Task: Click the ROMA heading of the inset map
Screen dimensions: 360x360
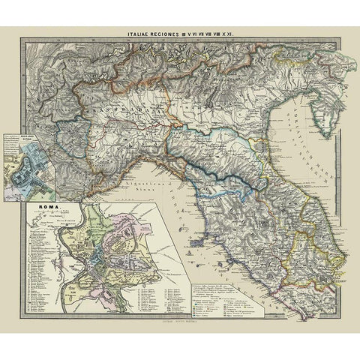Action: point(37,202)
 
